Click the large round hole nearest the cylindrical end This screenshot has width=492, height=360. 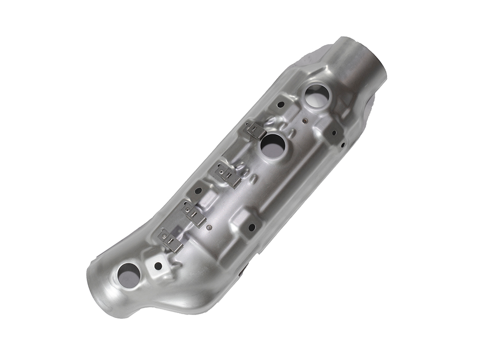pos(316,96)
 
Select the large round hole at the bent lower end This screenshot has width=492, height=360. pos(128,275)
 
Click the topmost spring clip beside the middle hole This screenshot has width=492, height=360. pos(256,130)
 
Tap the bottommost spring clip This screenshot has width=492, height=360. pos(170,240)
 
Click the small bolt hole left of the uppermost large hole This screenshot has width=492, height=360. pos(280,104)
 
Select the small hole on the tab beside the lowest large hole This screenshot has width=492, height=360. pos(158,266)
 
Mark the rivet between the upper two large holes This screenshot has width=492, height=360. pos(305,120)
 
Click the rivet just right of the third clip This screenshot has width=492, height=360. pos(210,228)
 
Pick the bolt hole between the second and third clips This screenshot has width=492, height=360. pos(198,190)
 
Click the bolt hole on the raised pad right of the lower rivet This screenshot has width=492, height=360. pos(252,228)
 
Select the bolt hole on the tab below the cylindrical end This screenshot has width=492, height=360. pos(333,132)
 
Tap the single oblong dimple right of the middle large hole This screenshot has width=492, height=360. pos(294,132)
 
